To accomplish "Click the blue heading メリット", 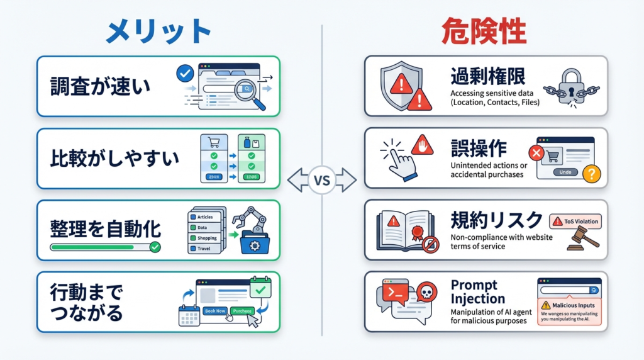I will coord(158,31).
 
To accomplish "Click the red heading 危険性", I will coord(484,31).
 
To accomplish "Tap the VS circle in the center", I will coord(321,181).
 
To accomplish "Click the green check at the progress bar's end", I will coord(155,247).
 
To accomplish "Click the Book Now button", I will coord(215,311).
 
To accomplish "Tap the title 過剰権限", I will coord(487,76).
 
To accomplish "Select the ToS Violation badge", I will coord(575,221).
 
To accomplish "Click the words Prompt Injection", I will coord(478,292).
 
